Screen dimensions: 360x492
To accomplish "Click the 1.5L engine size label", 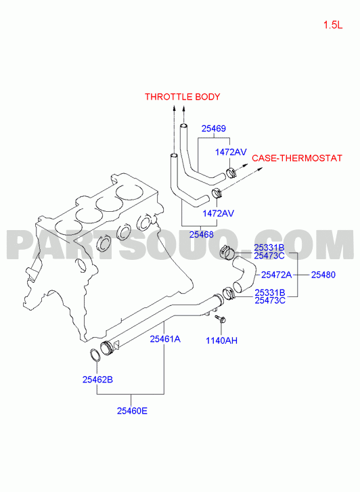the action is tap(333, 25).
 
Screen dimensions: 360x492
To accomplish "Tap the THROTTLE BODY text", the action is tap(182, 97).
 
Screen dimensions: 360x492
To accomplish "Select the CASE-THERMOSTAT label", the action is tap(297, 158).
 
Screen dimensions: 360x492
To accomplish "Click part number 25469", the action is tap(213, 129).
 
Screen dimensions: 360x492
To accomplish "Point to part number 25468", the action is tap(201, 234).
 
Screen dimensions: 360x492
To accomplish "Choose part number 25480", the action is tap(323, 275).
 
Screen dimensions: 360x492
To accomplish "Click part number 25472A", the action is tap(276, 275).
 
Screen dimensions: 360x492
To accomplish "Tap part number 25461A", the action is tap(165, 339).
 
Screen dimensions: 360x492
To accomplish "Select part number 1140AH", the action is tap(221, 340).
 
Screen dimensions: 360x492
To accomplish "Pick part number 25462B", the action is tap(97, 380).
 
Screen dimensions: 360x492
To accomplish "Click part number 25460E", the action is tap(132, 411).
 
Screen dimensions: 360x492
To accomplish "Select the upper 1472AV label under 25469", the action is tap(231, 152).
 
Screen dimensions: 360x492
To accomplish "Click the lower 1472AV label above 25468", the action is tap(218, 213).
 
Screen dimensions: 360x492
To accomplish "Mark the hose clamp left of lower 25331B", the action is tap(229, 294).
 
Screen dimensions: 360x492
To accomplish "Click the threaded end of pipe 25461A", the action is tap(107, 349).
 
